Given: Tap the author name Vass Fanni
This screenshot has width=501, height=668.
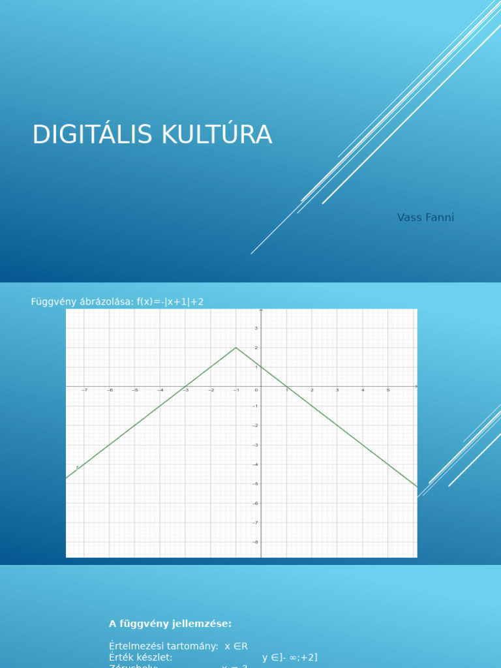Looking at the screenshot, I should pyautogui.click(x=425, y=217).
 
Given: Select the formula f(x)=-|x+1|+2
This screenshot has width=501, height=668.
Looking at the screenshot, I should pyautogui.click(x=170, y=301).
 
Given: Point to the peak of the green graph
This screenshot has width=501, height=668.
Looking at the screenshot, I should pyautogui.click(x=235, y=347).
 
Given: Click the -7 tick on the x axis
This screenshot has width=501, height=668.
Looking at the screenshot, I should pyautogui.click(x=84, y=390).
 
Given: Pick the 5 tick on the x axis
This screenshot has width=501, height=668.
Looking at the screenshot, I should pyautogui.click(x=388, y=390).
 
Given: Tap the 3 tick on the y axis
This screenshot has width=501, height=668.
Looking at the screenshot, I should pyautogui.click(x=256, y=328).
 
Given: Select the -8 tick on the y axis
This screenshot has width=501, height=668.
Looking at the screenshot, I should pyautogui.click(x=256, y=541).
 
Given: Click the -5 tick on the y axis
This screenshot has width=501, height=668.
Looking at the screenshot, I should pyautogui.click(x=256, y=483).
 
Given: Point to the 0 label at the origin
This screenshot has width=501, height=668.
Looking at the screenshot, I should pyautogui.click(x=256, y=390).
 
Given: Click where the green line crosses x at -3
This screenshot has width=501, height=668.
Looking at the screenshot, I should pyautogui.click(x=185, y=386).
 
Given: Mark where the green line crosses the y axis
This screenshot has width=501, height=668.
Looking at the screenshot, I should pyautogui.click(x=261, y=367).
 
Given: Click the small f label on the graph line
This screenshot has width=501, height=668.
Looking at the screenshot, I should pyautogui.click(x=77, y=467).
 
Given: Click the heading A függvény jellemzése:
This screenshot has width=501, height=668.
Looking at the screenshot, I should pyautogui.click(x=170, y=624).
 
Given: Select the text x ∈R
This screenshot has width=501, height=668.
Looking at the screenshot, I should pyautogui.click(x=236, y=646).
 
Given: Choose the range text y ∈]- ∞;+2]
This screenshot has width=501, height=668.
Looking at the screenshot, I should pyautogui.click(x=290, y=658).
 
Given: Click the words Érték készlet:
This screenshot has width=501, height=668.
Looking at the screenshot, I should pyautogui.click(x=140, y=658).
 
